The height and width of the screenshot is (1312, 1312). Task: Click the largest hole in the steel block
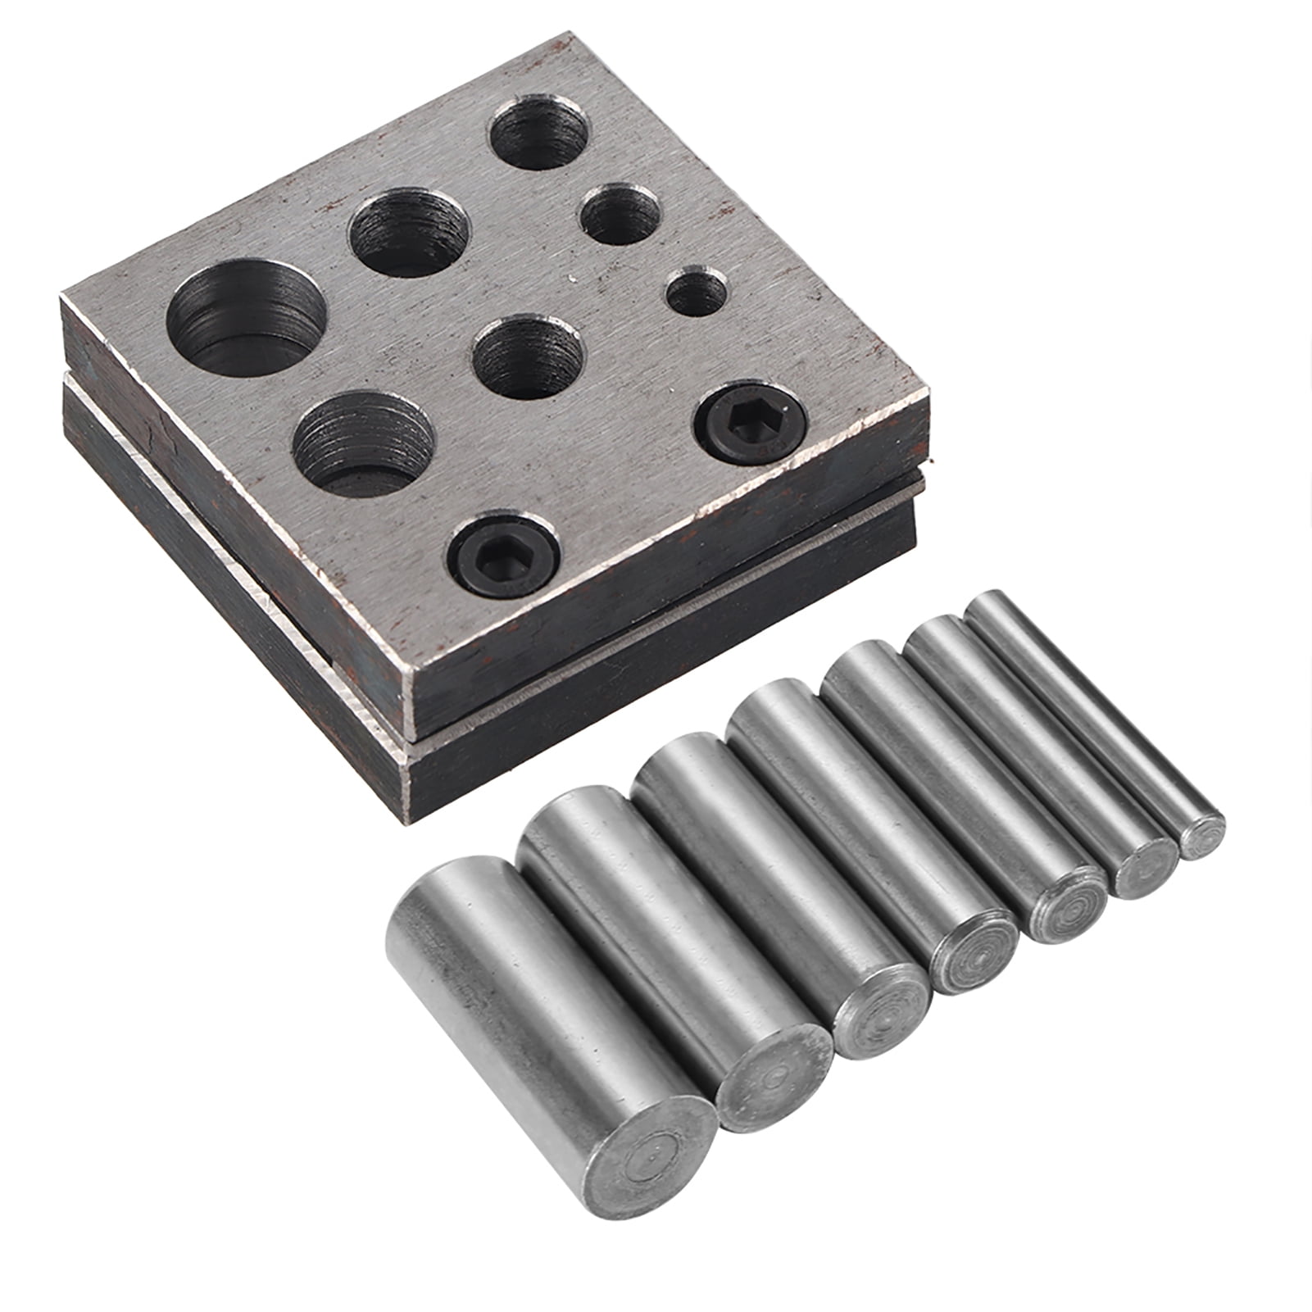(246, 324)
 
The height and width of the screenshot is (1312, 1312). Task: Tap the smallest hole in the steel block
(697, 293)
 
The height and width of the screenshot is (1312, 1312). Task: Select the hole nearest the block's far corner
(540, 133)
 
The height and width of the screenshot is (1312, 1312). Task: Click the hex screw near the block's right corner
(750, 424)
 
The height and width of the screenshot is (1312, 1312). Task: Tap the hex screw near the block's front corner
(502, 557)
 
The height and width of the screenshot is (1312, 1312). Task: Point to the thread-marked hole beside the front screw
(364, 443)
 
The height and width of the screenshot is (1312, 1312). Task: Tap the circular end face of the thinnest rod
(1202, 836)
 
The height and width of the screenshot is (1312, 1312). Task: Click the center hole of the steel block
(528, 357)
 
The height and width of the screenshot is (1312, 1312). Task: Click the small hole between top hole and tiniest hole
(620, 215)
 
